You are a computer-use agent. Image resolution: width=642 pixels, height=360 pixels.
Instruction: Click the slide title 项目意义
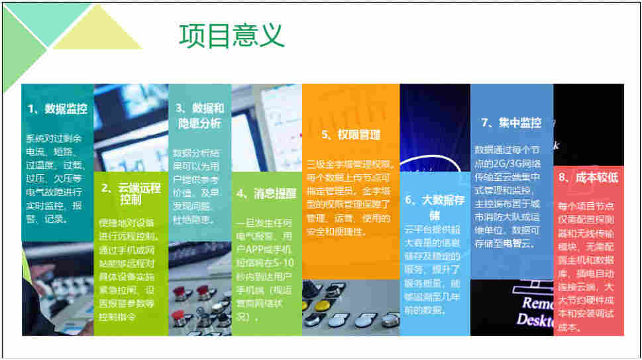(x=231, y=36)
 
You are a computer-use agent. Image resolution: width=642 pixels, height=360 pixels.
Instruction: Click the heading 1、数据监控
(x=58, y=109)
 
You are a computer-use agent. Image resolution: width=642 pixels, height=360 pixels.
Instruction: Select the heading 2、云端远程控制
(x=131, y=194)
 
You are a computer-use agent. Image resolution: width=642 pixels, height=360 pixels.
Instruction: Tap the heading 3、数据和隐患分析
(x=199, y=116)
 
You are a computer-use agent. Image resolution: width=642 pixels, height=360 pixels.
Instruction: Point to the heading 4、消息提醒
(x=266, y=194)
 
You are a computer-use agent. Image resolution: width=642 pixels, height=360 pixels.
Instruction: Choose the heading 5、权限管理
(x=351, y=135)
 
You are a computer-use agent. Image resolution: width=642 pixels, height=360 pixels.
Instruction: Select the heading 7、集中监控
(x=511, y=123)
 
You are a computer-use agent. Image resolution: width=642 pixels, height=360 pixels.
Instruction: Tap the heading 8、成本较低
(x=588, y=178)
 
